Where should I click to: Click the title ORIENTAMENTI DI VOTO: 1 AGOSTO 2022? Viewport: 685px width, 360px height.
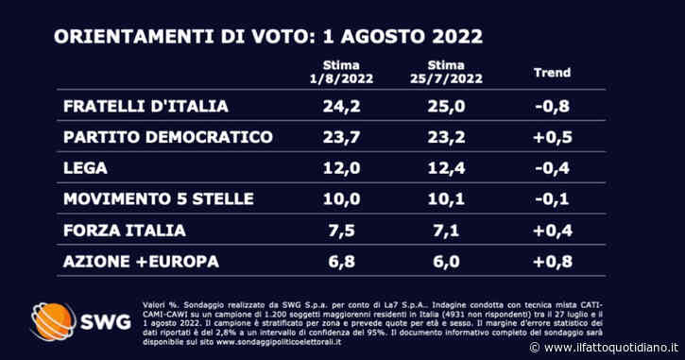click(268, 37)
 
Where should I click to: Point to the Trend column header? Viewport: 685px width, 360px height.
click(553, 72)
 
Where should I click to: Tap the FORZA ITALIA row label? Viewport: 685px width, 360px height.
click(119, 231)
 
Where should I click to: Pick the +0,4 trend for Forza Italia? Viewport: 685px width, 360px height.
click(553, 231)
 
